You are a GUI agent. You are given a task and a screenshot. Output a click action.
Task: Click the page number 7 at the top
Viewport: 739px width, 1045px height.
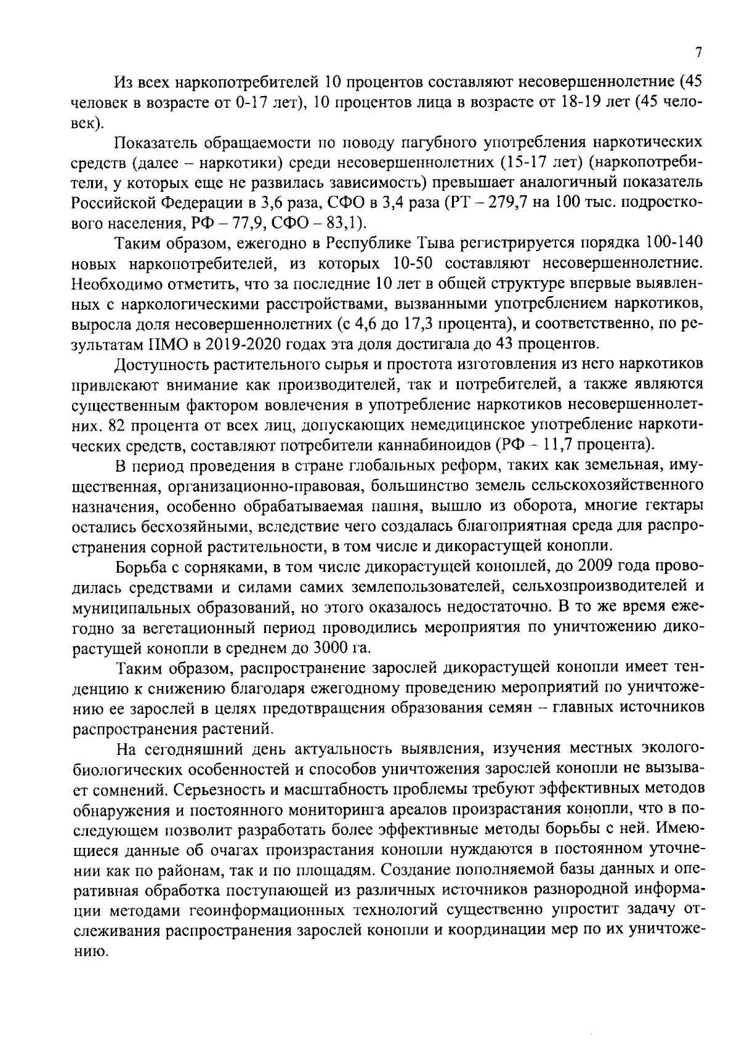pos(698,53)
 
